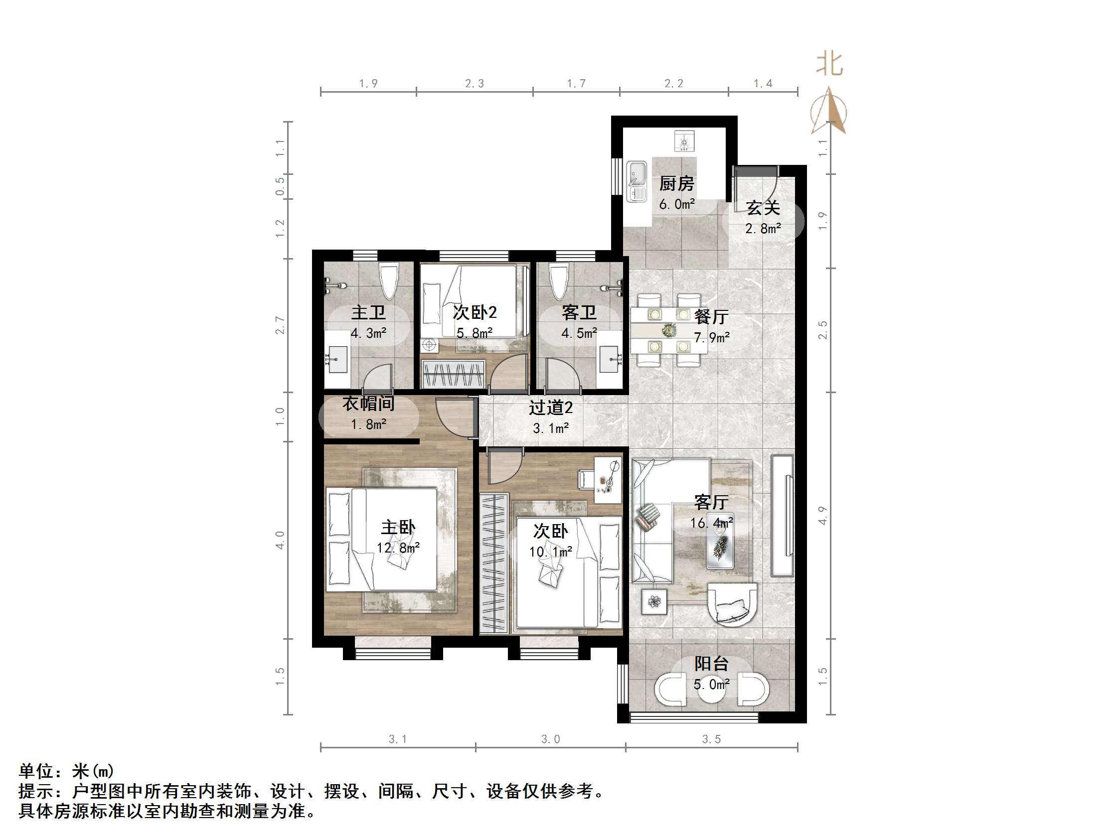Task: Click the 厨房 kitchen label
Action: pyautogui.click(x=676, y=183)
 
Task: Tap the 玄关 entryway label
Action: pyautogui.click(x=763, y=208)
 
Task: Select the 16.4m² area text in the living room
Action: pyautogui.click(x=712, y=523)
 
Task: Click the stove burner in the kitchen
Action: pyautogui.click(x=684, y=141)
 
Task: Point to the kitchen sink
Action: pyautogui.click(x=637, y=181)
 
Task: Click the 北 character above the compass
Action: pyautogui.click(x=829, y=64)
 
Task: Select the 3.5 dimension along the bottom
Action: pyautogui.click(x=711, y=739)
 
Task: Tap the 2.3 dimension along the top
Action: pyautogui.click(x=475, y=83)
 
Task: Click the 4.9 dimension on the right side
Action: pyautogui.click(x=823, y=515)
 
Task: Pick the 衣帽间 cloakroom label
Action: pyautogui.click(x=368, y=404)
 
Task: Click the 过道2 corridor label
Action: pyautogui.click(x=550, y=408)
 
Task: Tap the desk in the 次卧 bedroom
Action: pyautogui.click(x=607, y=480)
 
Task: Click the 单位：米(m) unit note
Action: pyautogui.click(x=66, y=771)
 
